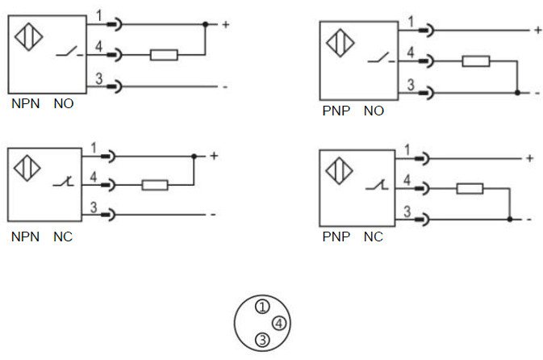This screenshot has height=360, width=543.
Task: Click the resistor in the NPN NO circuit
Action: [164, 55]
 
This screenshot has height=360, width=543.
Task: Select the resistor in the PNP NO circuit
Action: [476, 61]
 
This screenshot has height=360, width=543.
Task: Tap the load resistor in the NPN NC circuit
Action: [155, 185]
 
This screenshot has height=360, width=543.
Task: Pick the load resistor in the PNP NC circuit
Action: [470, 189]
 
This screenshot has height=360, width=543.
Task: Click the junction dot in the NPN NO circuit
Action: [206, 24]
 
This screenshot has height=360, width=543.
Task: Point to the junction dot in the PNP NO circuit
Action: [517, 93]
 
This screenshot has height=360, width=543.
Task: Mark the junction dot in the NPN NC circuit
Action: [194, 157]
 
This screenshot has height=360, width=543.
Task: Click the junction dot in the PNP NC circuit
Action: [510, 220]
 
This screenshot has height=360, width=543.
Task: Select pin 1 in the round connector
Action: [262, 306]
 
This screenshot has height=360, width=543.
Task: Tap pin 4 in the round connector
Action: [279, 323]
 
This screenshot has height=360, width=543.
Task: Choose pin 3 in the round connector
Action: [262, 340]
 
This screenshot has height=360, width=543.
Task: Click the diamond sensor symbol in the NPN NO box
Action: [29, 37]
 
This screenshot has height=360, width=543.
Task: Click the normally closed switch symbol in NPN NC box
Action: [64, 182]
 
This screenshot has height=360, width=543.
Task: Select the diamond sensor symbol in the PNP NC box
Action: [340, 170]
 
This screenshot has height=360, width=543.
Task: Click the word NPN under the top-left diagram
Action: [26, 103]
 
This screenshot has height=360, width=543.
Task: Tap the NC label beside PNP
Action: [374, 237]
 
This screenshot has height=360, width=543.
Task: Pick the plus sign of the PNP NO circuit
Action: [538, 30]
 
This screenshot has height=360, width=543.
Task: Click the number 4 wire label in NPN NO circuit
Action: [98, 47]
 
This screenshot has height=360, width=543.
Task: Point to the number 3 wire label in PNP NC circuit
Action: [407, 211]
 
